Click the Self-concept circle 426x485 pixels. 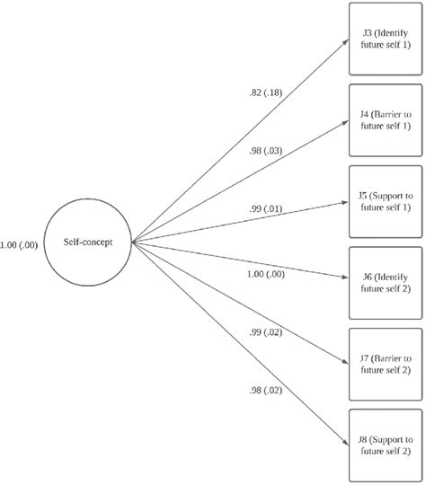(88, 241)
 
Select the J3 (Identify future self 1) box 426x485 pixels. (385, 40)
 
